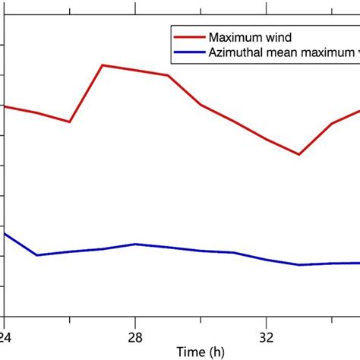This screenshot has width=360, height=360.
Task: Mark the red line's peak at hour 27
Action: [x=103, y=65]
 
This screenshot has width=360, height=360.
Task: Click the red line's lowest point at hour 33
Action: [x=299, y=154]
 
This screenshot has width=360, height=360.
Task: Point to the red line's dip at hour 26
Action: [x=70, y=122]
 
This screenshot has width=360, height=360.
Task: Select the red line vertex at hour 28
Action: [x=135, y=70]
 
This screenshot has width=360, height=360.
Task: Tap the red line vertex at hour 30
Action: [x=201, y=104]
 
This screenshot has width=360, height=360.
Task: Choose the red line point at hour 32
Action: [x=267, y=139]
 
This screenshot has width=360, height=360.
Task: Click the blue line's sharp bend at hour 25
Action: [x=37, y=255]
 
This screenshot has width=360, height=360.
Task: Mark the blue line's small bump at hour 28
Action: [x=135, y=244]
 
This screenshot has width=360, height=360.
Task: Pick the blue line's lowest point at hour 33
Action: [x=299, y=264]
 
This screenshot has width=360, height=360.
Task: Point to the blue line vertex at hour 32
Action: [x=267, y=259]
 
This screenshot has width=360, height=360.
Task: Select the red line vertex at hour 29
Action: [x=168, y=75]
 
